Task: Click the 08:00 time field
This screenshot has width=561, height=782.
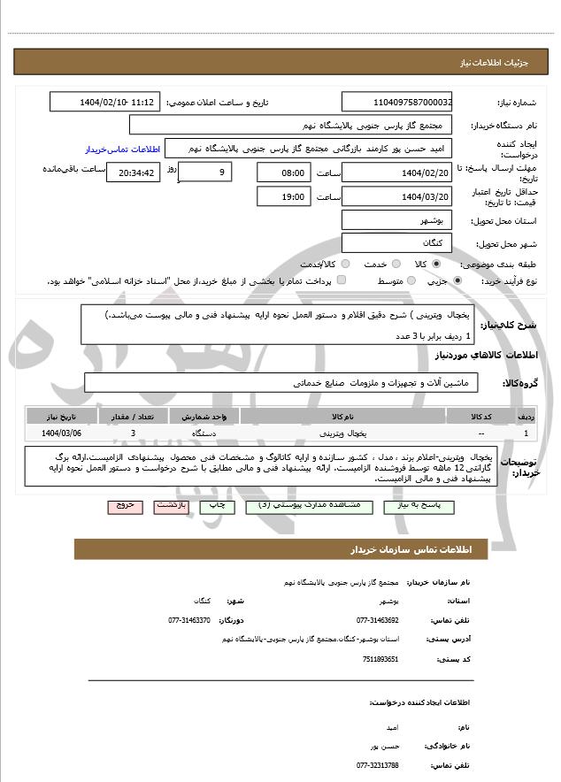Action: point(284,172)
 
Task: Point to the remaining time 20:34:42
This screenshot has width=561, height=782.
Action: point(133,172)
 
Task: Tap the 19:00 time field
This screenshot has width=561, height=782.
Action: point(284,196)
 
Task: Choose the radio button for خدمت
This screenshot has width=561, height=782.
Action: point(395,264)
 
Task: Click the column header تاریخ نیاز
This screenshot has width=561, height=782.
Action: point(61,416)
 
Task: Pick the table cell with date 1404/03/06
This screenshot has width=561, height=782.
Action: point(61,433)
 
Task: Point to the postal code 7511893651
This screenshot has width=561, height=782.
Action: point(380,659)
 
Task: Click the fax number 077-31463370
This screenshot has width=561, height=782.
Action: point(189,620)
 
